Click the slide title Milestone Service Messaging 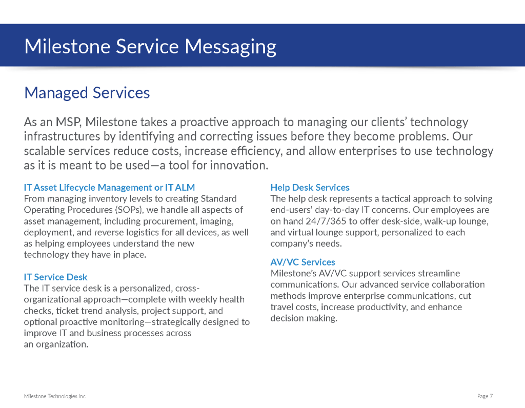(x=150, y=47)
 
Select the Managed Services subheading (x=87, y=93)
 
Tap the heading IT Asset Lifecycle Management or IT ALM (x=109, y=188)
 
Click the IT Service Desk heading (x=55, y=277)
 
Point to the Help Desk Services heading (x=310, y=188)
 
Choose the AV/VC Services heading (x=302, y=262)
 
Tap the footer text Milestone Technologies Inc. (x=55, y=396)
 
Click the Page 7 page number (x=484, y=396)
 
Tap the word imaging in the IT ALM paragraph (x=218, y=221)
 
